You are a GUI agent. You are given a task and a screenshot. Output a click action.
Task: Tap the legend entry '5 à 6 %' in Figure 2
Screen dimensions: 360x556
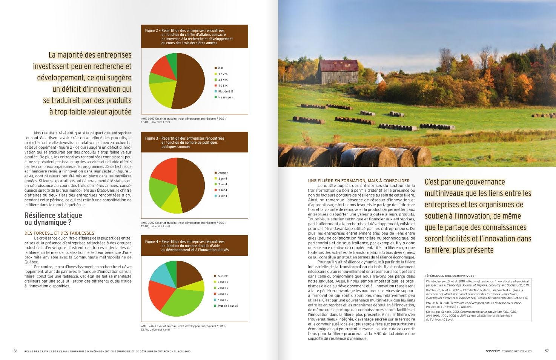223,86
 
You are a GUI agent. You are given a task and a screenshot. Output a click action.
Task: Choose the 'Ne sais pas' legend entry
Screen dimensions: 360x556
225,97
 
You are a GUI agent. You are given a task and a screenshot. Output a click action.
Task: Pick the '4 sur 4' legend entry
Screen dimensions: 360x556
223,196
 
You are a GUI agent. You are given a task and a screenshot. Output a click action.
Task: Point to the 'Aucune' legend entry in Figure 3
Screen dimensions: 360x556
223,173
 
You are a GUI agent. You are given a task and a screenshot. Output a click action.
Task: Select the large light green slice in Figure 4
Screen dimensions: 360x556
177,302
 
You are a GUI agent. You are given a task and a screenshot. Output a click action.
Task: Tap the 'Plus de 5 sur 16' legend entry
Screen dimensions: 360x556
228,306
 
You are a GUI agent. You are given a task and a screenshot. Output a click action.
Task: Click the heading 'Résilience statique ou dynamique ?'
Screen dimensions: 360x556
53,219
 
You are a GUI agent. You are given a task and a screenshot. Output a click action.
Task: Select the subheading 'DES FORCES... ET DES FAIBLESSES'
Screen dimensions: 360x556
59,233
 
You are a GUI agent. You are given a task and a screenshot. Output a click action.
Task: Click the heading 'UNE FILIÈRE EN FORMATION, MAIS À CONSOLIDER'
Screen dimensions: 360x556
359,181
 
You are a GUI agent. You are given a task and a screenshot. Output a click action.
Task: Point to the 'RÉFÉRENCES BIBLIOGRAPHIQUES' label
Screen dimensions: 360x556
449,276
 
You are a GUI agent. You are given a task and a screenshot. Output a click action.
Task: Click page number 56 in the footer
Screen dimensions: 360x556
15,351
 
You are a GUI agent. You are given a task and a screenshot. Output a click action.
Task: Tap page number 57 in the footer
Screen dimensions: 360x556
547,351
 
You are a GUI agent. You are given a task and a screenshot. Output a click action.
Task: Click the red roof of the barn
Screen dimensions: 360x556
339,66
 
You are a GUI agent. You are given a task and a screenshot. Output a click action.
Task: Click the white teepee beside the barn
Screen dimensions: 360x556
379,78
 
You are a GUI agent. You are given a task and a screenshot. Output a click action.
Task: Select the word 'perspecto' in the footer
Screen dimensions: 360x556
493,351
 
